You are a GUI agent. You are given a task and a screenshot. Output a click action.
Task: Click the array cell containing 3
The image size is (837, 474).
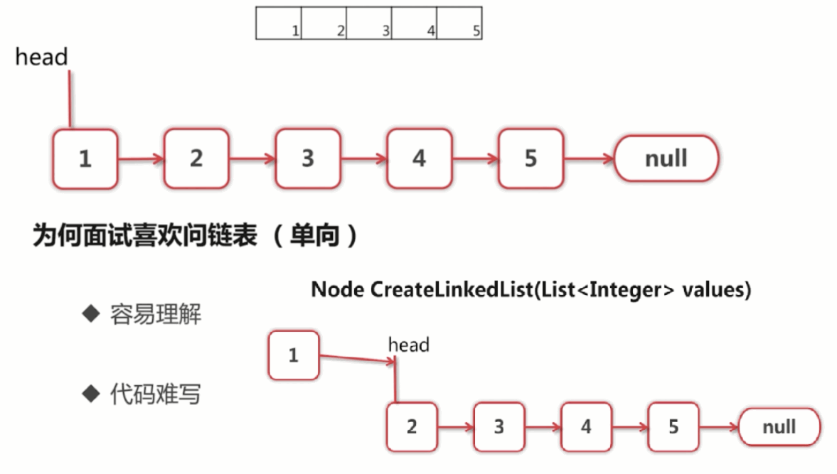369,23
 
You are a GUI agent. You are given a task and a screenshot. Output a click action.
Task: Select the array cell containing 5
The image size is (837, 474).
459,23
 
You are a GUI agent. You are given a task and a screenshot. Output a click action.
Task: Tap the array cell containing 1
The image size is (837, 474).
279,23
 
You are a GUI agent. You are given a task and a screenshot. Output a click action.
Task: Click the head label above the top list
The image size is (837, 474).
41,57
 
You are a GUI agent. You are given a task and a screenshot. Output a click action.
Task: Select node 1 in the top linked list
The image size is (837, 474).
85,158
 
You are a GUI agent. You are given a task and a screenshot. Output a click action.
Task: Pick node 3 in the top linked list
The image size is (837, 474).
308,158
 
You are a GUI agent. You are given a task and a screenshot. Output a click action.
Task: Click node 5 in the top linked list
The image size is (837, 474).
531,158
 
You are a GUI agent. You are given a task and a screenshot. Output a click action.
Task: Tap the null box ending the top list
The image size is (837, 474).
666,158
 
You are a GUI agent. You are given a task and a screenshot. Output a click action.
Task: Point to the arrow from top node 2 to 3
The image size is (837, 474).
252,159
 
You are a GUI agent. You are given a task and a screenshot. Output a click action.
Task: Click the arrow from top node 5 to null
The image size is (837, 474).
588,159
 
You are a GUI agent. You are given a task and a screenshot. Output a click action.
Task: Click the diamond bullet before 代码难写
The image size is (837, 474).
90,393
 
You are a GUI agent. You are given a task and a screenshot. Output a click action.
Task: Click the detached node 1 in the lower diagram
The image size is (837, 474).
293,355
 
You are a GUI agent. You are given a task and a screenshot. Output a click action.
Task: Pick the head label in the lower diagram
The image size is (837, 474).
408,345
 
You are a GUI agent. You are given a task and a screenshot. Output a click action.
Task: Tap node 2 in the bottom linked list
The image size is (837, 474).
412,426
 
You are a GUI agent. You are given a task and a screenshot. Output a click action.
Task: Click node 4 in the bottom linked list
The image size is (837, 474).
586,426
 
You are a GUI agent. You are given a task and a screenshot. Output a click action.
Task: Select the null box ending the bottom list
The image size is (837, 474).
779,427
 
